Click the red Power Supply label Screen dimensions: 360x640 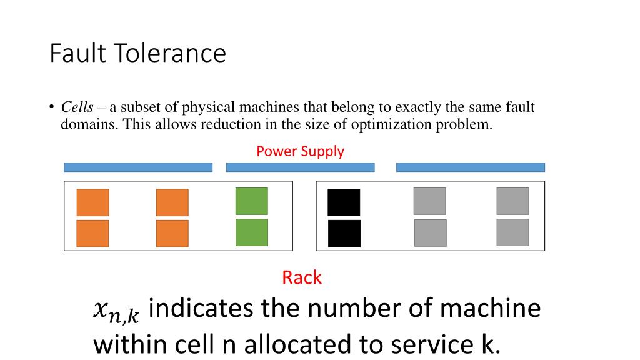pos(300,151)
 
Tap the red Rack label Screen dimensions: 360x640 pos(302,277)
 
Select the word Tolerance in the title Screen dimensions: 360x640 pos(169,54)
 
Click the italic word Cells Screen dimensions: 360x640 pos(77,107)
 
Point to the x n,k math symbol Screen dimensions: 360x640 pos(116,311)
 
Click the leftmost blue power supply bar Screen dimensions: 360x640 pos(138,167)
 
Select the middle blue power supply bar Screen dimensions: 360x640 pos(300,167)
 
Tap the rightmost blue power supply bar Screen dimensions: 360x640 pos(470,167)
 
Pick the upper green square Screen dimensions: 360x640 pos(251,201)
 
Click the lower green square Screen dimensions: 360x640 pos(251,232)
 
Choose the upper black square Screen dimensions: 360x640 pos(344,202)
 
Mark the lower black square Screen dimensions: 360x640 pos(344,234)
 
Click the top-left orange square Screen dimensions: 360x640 pos(92,202)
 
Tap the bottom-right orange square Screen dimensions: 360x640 pos(172,234)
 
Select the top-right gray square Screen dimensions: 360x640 pos(512,201)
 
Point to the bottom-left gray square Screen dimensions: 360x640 pos(430,233)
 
